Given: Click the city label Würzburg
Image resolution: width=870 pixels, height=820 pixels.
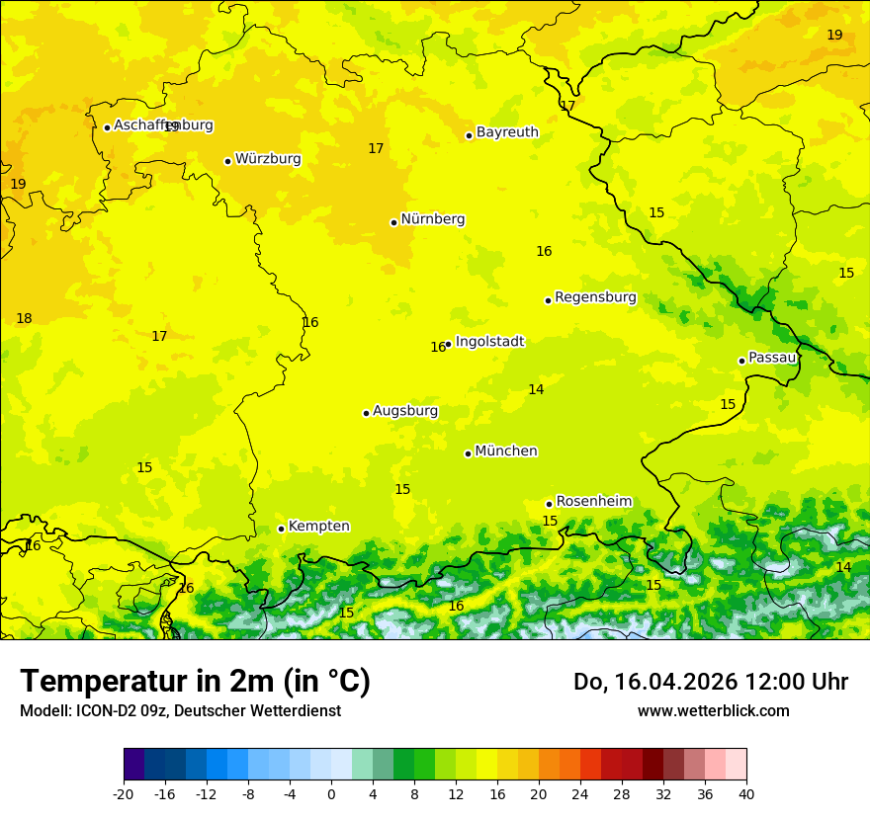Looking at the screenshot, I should click(268, 159).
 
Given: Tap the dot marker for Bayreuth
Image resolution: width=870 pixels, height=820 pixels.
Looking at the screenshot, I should click(469, 135).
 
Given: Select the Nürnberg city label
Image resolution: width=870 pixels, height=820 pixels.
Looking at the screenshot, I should click(432, 219).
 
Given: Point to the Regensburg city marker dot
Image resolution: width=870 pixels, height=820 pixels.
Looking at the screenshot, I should click(548, 300).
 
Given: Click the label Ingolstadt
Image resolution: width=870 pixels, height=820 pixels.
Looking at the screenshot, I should click(489, 342).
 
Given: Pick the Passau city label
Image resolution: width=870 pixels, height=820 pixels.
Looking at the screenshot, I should click(772, 358).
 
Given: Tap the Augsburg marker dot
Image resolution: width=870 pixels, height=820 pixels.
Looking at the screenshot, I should click(366, 413).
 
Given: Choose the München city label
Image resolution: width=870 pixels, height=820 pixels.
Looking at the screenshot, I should click(506, 451).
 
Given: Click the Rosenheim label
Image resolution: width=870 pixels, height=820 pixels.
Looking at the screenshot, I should click(593, 502).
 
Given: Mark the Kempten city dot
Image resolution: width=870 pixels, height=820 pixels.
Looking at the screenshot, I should click(281, 529).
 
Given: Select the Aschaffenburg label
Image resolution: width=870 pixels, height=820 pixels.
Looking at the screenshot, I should click(163, 125).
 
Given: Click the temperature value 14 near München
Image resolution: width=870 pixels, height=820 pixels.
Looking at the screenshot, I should click(536, 390).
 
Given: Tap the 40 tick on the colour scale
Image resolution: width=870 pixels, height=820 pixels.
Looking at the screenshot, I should click(745, 794).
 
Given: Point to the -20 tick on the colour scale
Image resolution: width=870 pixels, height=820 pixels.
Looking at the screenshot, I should click(124, 794).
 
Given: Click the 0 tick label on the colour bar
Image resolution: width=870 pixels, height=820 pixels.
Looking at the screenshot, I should click(331, 794).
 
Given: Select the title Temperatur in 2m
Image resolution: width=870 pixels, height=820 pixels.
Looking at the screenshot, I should click(195, 681).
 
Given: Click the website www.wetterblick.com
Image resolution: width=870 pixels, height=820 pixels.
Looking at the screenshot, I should click(713, 711).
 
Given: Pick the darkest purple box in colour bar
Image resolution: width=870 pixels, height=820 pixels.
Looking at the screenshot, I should click(133, 765).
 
